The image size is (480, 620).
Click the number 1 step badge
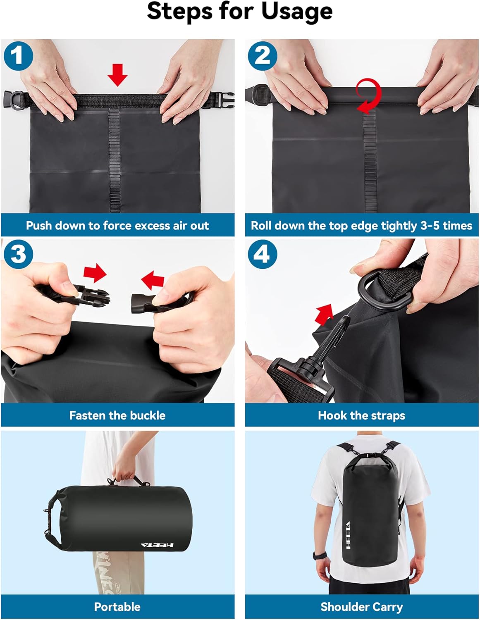click(18, 56)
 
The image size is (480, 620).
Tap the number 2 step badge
click(262, 56)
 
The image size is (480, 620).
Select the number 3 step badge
click(18, 253)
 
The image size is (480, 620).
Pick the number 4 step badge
click(262, 253)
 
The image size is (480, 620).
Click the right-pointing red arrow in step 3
click(95, 273)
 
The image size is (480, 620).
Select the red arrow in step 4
click(324, 314)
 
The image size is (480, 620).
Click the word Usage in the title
click(297, 12)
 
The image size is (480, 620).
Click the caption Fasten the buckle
click(117, 415)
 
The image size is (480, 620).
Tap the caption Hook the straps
click(361, 415)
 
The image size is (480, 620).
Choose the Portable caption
click(117, 607)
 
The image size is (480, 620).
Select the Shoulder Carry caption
click(361, 607)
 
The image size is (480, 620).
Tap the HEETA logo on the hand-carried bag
click(157, 545)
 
